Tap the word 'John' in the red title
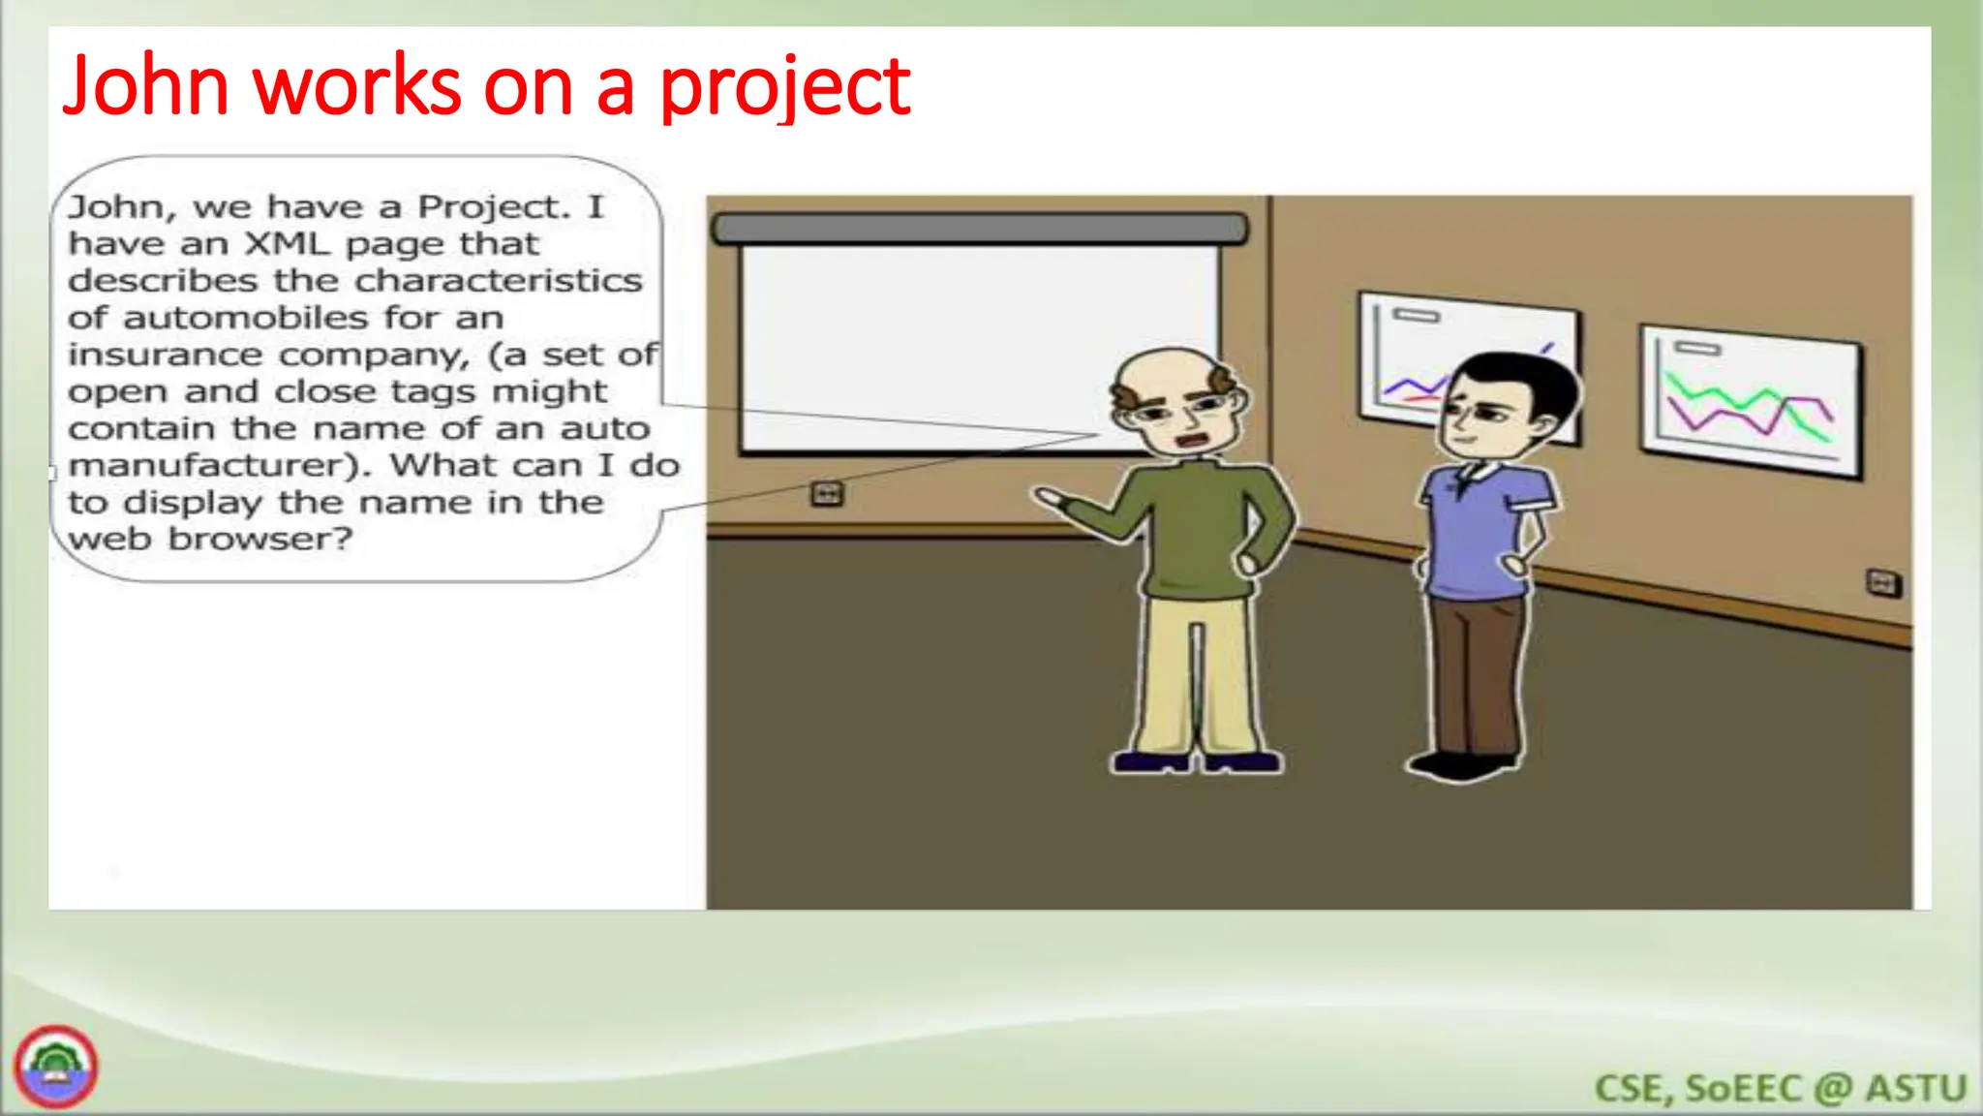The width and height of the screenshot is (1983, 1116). click(145, 87)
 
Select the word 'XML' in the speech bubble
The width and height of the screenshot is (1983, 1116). click(287, 243)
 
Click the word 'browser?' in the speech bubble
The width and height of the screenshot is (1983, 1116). click(260, 540)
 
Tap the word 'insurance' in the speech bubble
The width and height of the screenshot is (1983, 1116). click(165, 356)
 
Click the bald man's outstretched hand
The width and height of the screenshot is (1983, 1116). click(1050, 499)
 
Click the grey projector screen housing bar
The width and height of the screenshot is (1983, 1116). click(980, 229)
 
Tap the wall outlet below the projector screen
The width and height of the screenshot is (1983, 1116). click(827, 494)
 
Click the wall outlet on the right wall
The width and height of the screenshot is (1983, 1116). click(1882, 583)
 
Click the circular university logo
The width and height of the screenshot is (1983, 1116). click(55, 1067)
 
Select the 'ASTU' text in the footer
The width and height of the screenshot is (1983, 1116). click(1916, 1088)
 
